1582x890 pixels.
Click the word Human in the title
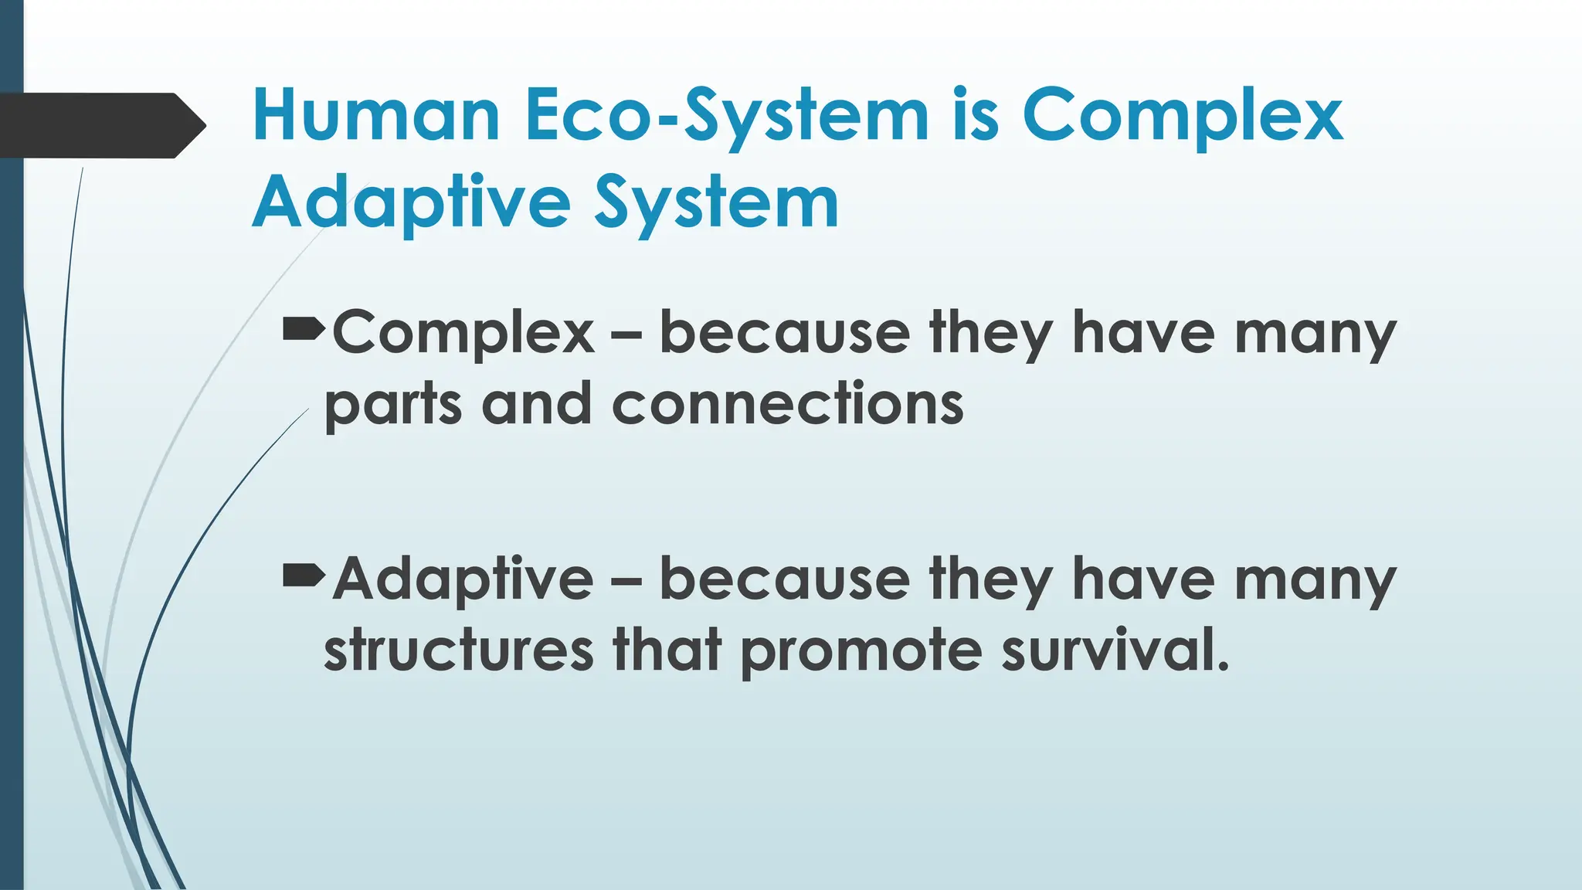376,116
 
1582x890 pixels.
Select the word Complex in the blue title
1183,116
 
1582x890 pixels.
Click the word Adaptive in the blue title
411,202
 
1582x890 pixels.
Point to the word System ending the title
716,202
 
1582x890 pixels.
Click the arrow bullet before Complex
304,331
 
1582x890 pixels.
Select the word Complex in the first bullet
463,334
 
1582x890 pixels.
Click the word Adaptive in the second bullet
463,579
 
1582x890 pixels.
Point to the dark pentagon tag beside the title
97,125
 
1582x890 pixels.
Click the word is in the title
976,116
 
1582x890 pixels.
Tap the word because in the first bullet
784,334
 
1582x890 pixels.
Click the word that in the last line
667,649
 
